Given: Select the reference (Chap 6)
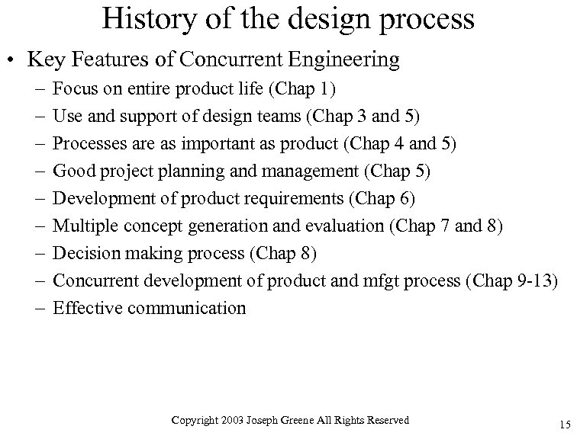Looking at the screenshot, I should coord(382,199).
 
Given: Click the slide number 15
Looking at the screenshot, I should coord(564,425).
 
